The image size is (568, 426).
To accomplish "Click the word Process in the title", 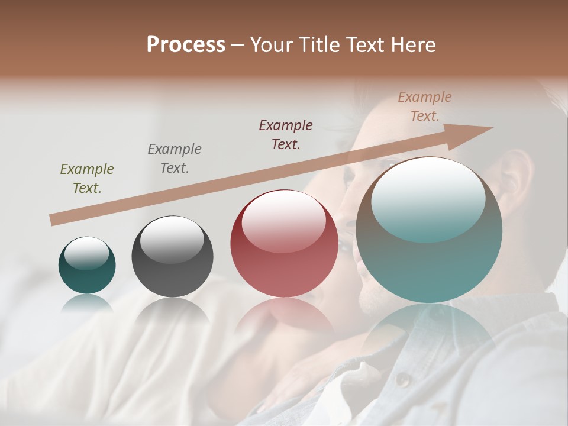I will (x=186, y=45).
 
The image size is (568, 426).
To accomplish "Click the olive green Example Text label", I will (x=87, y=179).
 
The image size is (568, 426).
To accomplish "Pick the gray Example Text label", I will (x=175, y=159).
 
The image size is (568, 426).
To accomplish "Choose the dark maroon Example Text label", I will (x=286, y=135).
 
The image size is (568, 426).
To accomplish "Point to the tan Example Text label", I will (x=425, y=106).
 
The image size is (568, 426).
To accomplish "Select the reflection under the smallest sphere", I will (x=87, y=303).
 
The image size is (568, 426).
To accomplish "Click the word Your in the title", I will (x=272, y=45).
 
